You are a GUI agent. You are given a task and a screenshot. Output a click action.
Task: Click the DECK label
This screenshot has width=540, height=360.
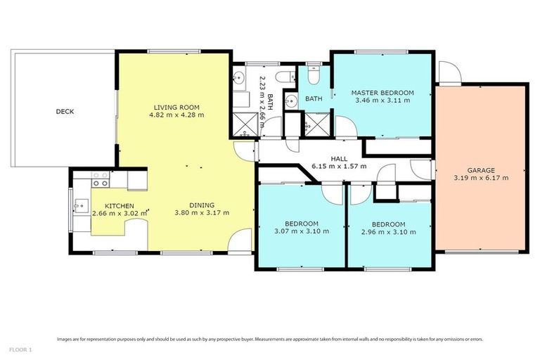click(x=65, y=111)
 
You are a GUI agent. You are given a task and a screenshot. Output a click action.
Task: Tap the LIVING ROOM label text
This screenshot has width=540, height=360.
click(x=179, y=108)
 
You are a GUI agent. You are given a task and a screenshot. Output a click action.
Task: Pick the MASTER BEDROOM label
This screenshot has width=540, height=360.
click(x=382, y=93)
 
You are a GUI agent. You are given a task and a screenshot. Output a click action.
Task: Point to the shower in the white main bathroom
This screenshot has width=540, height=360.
click(x=245, y=125)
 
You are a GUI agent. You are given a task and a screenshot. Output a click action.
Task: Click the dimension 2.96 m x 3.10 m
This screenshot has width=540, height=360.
click(x=388, y=232)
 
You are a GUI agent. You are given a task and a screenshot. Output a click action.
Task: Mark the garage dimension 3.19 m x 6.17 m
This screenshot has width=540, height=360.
click(x=482, y=178)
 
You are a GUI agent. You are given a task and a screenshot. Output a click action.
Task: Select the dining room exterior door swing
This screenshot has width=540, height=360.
click(x=240, y=242)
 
